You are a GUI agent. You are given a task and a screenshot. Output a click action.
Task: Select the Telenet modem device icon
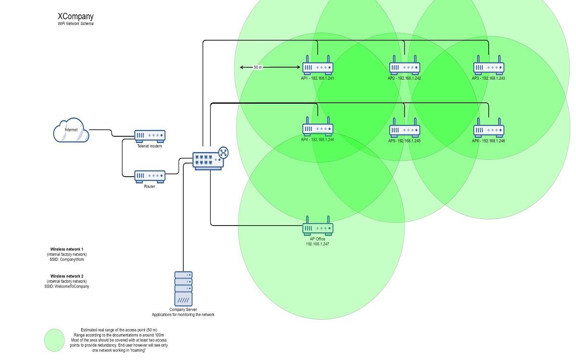[150, 136]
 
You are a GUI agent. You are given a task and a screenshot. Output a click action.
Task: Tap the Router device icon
[150, 177]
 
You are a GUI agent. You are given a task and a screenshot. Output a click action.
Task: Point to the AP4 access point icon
[317, 128]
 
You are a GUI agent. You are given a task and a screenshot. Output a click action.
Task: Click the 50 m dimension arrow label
[258, 67]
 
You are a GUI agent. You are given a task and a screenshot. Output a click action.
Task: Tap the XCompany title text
[75, 16]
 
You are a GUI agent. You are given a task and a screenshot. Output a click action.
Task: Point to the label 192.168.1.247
[317, 244]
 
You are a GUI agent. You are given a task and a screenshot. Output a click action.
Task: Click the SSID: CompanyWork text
[67, 259]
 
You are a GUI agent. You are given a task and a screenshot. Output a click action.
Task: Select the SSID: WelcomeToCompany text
[67, 287]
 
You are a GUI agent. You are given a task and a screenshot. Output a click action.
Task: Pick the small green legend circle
[54, 340]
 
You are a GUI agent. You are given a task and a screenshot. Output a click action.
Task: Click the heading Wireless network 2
[67, 276]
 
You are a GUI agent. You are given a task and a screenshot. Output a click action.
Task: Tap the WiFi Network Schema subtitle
[75, 23]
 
